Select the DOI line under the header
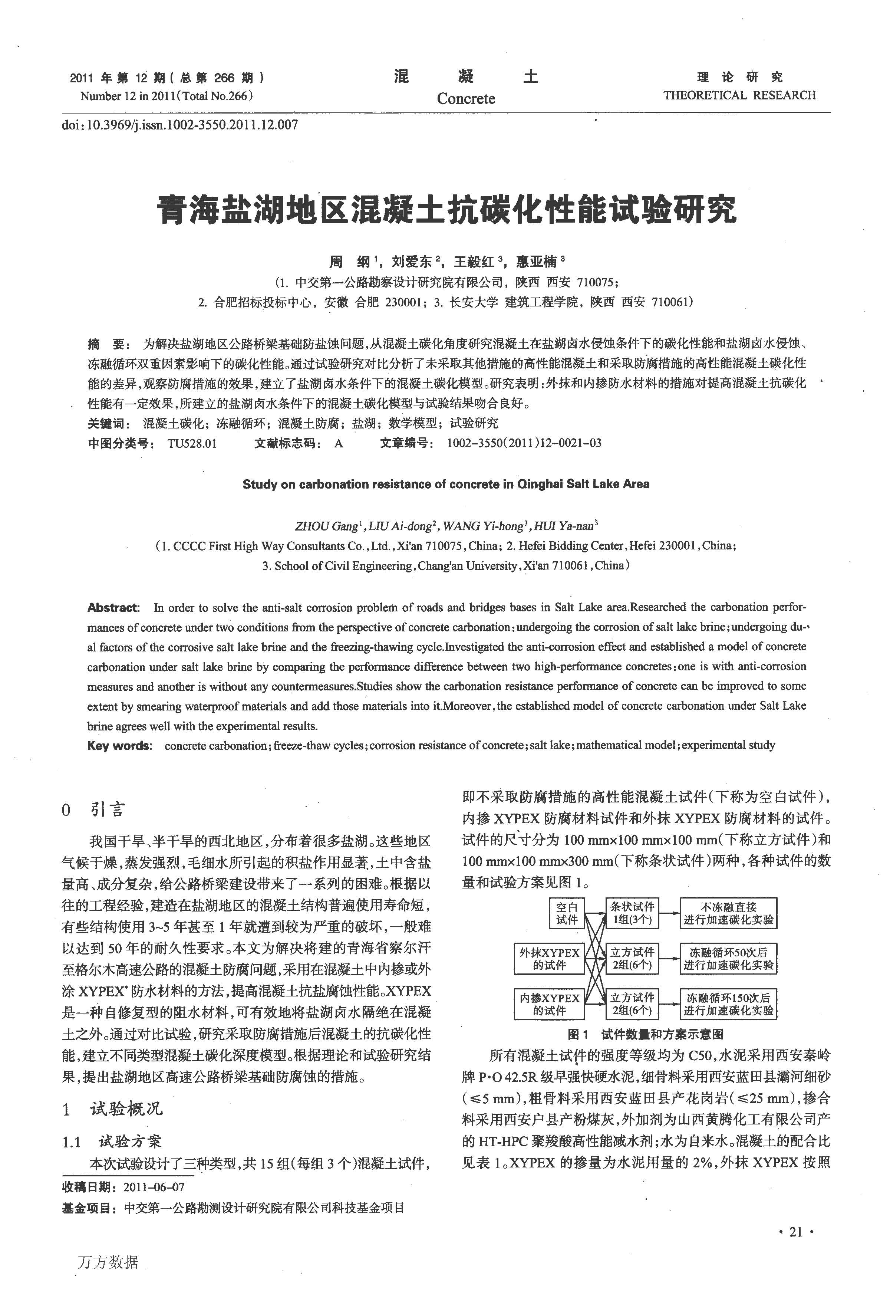[179, 125]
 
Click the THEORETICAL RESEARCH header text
[739, 95]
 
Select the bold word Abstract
[113, 608]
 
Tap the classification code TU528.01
[192, 444]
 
